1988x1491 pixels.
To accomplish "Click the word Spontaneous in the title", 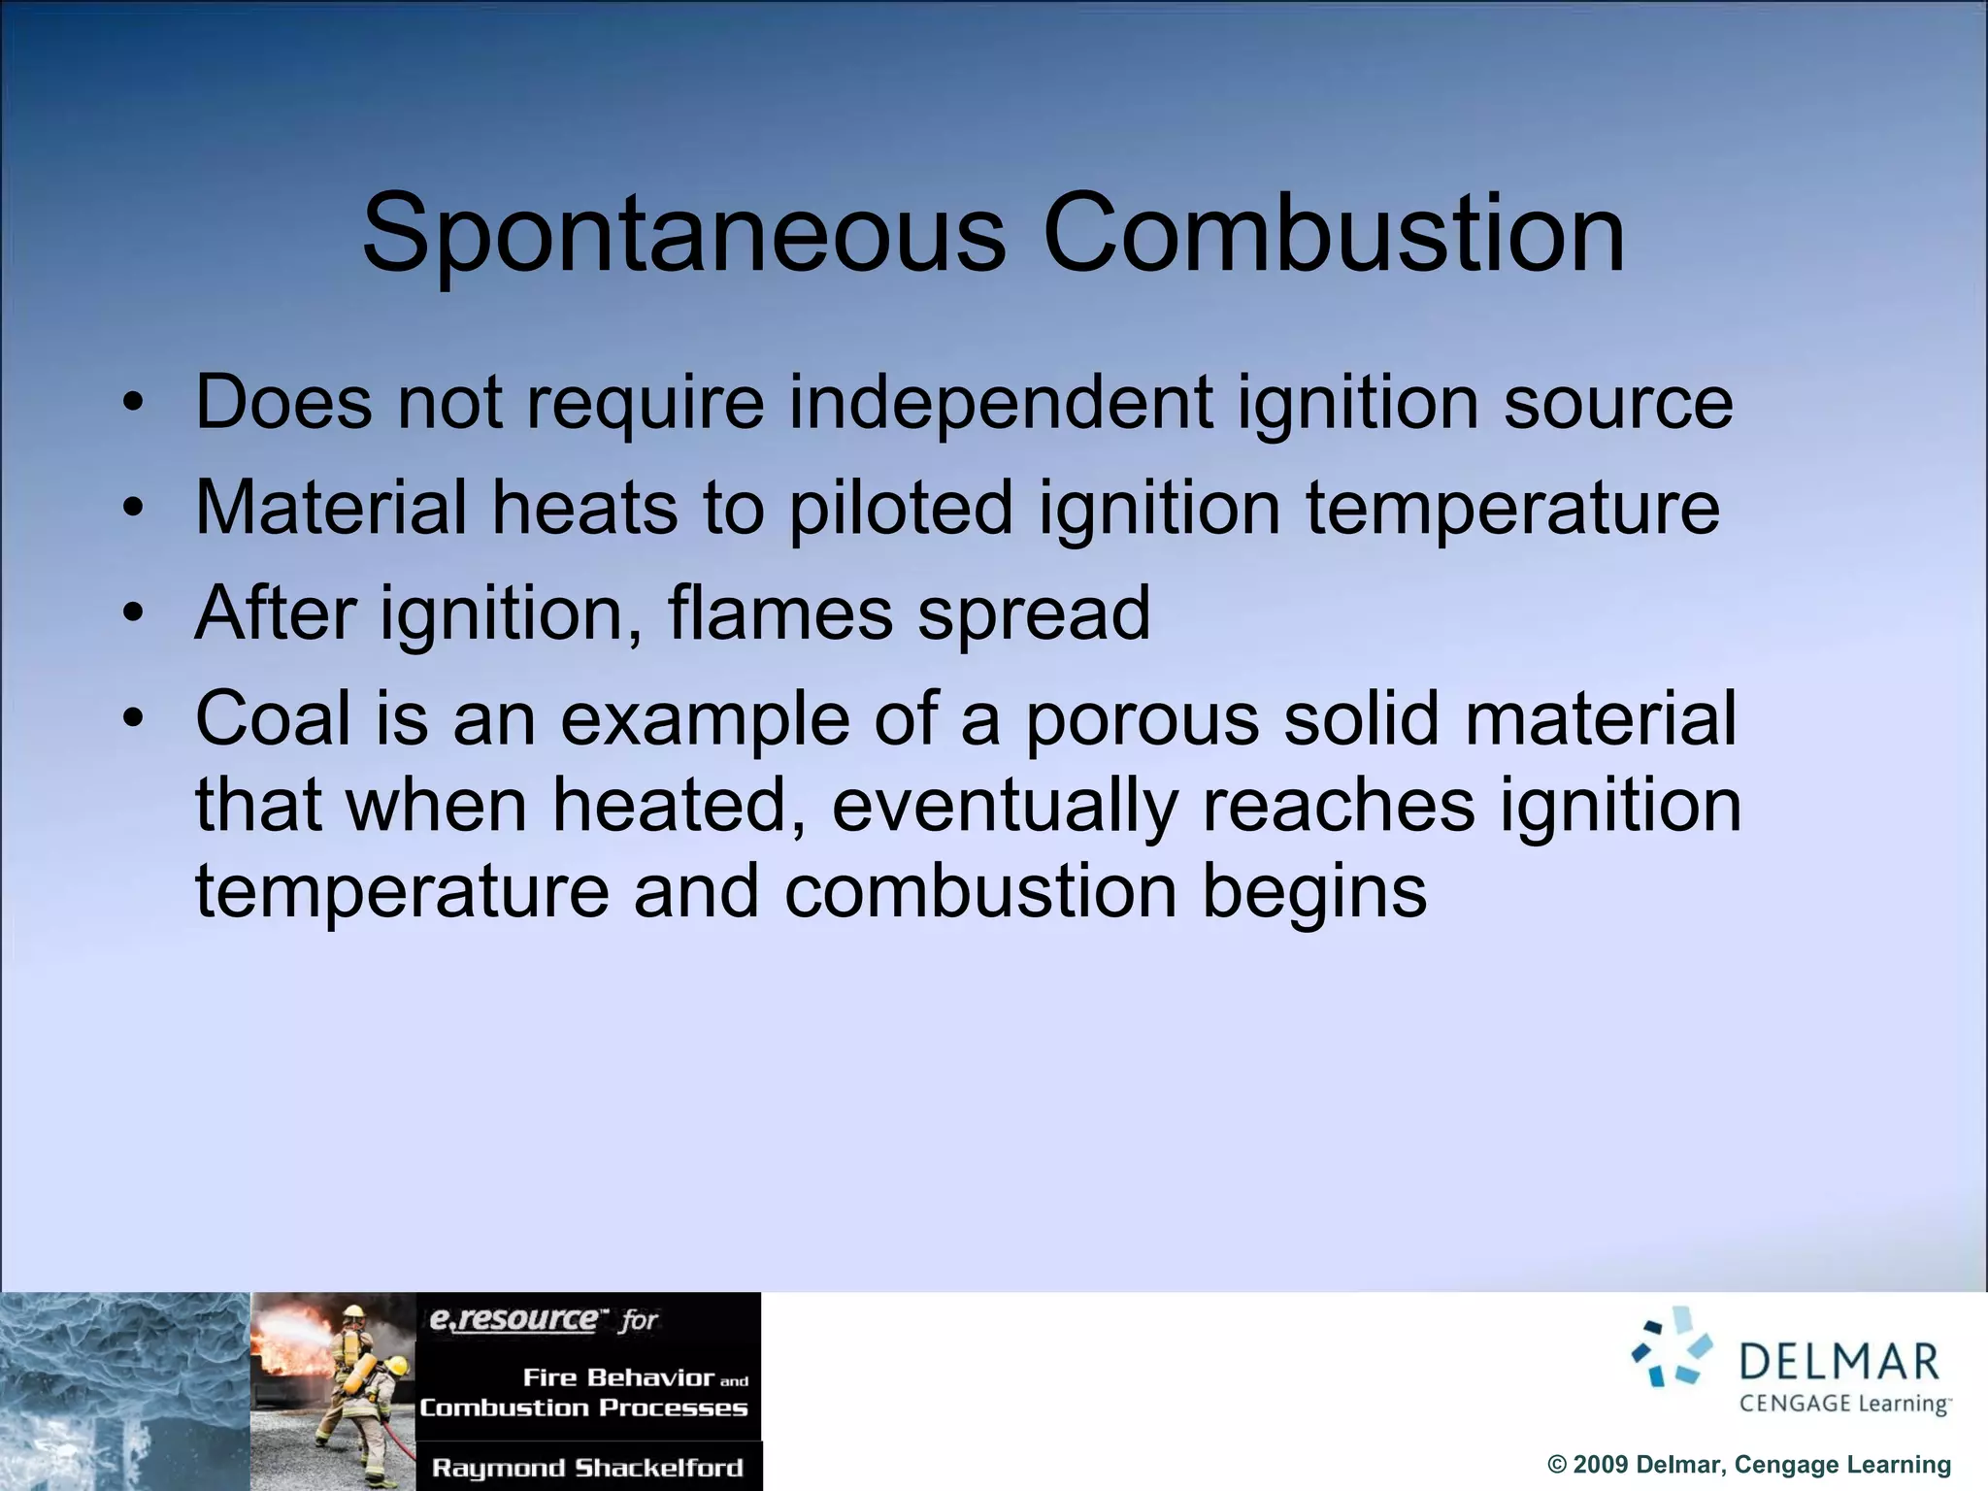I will pyautogui.click(x=684, y=233).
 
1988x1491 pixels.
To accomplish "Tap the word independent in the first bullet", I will pyautogui.click(x=1000, y=402).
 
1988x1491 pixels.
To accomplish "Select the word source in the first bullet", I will pyautogui.click(x=1617, y=404).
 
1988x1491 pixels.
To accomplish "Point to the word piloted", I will pyautogui.click(x=901, y=509).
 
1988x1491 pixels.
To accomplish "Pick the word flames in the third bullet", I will pyautogui.click(x=779, y=613).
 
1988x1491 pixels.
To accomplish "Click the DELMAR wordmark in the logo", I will pyautogui.click(x=1839, y=1361).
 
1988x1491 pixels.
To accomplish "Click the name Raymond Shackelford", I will pyautogui.click(x=587, y=1467).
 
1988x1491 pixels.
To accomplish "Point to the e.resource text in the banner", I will pyautogui.click(x=514, y=1319).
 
